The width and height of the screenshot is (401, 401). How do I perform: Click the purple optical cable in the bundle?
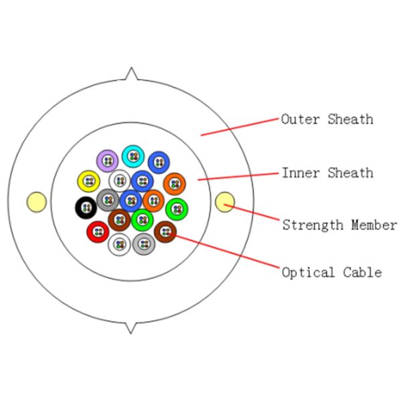[x=108, y=160]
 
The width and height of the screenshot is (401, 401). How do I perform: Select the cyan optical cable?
[x=133, y=156]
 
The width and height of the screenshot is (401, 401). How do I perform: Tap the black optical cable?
[x=86, y=208]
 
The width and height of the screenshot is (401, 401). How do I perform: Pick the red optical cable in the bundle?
[x=98, y=232]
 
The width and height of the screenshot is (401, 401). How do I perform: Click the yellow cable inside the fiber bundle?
[x=88, y=180]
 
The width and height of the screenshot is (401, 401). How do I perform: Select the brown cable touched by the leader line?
[x=165, y=232]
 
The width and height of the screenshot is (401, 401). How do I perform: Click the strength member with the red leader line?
[x=225, y=201]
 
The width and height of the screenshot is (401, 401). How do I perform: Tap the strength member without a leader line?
[x=36, y=201]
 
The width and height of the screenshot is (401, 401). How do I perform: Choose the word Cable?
[x=362, y=273]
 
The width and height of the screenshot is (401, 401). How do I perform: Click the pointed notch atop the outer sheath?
[x=132, y=74]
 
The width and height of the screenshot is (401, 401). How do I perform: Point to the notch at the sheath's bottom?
[x=132, y=327]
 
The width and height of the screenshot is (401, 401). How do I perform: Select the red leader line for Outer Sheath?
[x=241, y=127]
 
